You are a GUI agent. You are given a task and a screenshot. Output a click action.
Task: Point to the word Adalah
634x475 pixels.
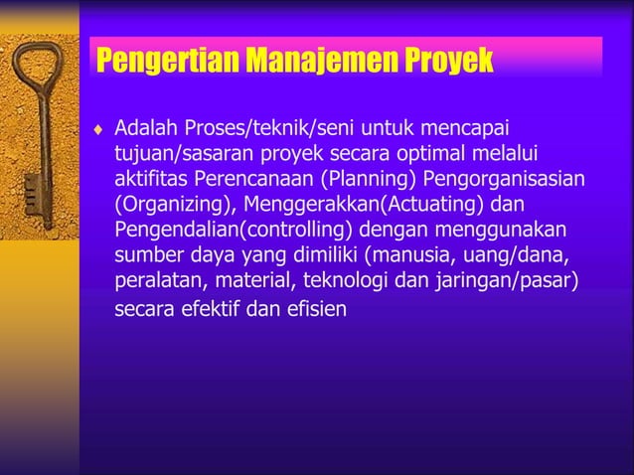pyautogui.click(x=147, y=129)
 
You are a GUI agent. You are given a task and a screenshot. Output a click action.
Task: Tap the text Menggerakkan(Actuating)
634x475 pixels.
pyautogui.click(x=360, y=204)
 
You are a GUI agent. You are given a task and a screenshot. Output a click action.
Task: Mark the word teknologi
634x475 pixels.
pyautogui.click(x=347, y=278)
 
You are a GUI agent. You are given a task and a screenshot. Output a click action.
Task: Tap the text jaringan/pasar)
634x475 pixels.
pyautogui.click(x=505, y=278)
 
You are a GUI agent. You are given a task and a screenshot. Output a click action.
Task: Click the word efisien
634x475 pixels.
pyautogui.click(x=316, y=308)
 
